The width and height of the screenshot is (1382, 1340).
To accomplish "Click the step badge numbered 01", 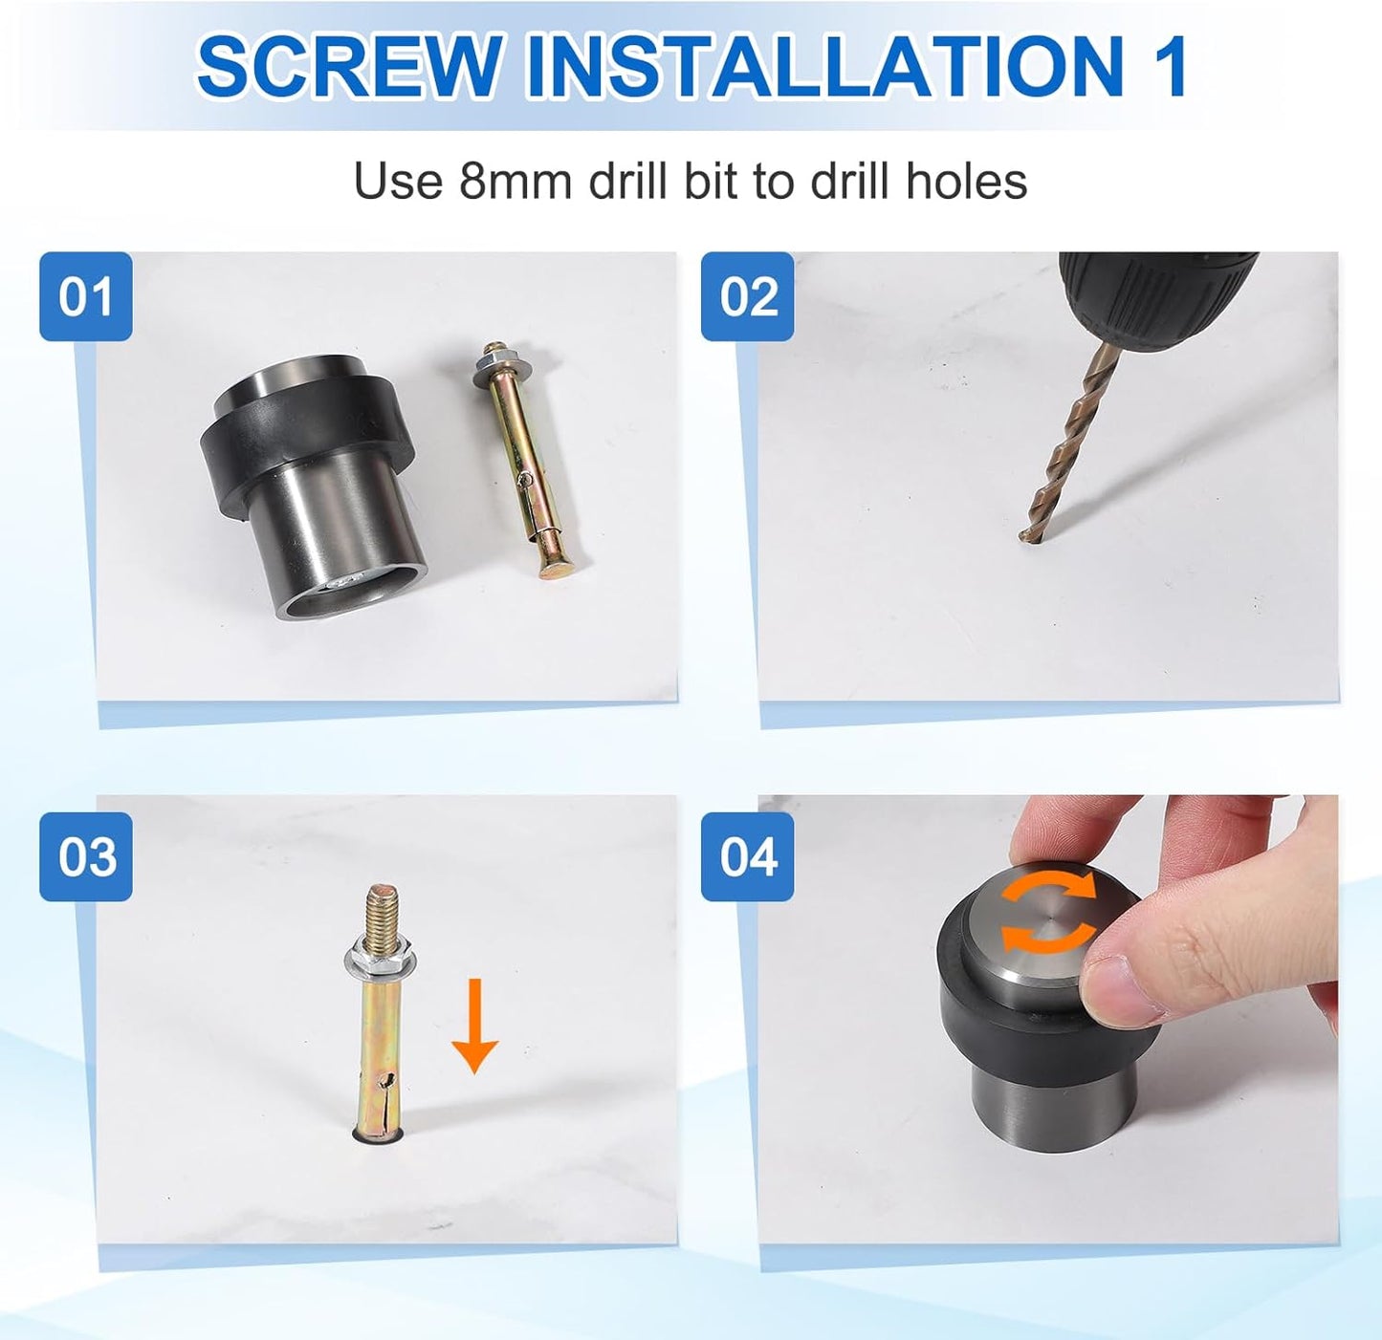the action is pos(86,296).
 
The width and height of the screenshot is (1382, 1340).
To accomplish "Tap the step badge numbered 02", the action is pos(747,296).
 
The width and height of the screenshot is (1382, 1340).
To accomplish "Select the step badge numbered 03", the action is pos(86,856).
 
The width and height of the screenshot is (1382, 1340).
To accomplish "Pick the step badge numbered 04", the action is pos(747,856).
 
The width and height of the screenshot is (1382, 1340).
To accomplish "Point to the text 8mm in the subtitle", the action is pos(515,182).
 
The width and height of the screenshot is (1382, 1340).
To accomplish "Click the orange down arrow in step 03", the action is pos(474,1027).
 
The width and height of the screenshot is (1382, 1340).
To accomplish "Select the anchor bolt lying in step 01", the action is pos(521,461).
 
